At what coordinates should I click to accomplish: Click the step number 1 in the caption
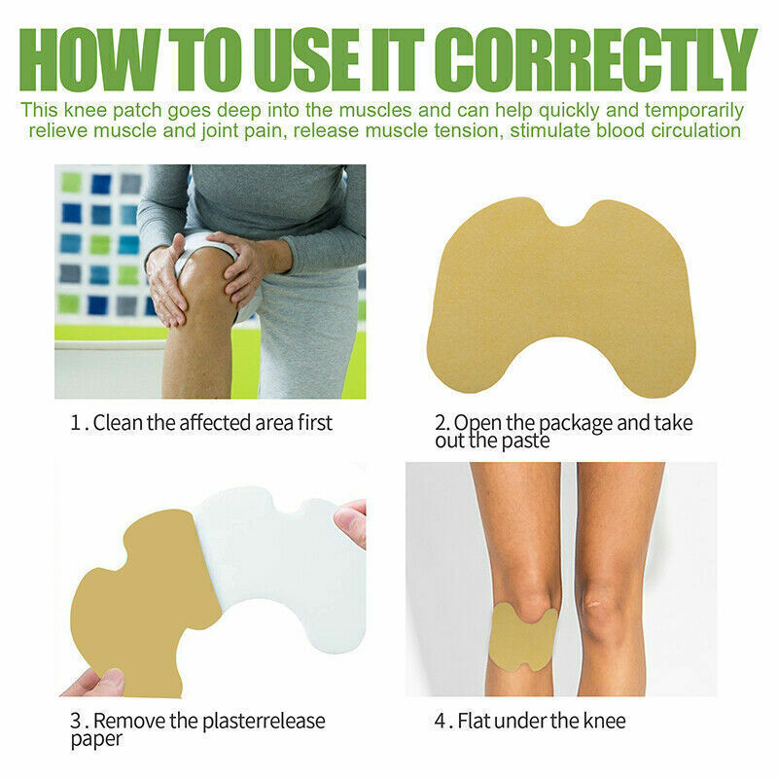(x=74, y=423)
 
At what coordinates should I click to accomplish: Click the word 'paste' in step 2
(x=526, y=441)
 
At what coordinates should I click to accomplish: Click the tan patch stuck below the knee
(x=522, y=637)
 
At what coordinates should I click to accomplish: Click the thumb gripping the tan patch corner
(x=97, y=682)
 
